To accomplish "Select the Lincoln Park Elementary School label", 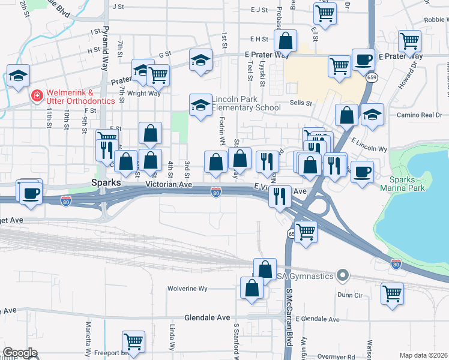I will click(246, 103).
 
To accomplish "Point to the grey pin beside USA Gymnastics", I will click(343, 275).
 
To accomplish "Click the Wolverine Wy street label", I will click(187, 289).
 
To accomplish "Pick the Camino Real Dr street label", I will click(419, 115).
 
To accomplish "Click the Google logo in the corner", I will click(20, 353).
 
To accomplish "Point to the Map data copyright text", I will click(424, 355).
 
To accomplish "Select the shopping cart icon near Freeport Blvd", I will click(133, 341).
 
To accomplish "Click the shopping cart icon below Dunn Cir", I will click(392, 293).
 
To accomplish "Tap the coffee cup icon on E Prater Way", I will click(363, 59).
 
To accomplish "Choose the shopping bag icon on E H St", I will click(286, 41).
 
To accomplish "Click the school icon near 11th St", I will click(18, 76).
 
